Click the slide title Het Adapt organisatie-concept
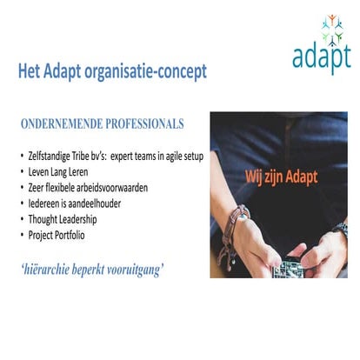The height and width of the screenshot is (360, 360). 112,72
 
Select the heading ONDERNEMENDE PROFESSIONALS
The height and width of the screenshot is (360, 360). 102,124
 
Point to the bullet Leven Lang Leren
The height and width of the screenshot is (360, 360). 60,172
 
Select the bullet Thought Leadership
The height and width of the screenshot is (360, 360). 62,219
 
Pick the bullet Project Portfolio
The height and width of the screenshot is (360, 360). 58,235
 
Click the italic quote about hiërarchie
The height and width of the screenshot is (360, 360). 92,269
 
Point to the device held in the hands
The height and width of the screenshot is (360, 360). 288,270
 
